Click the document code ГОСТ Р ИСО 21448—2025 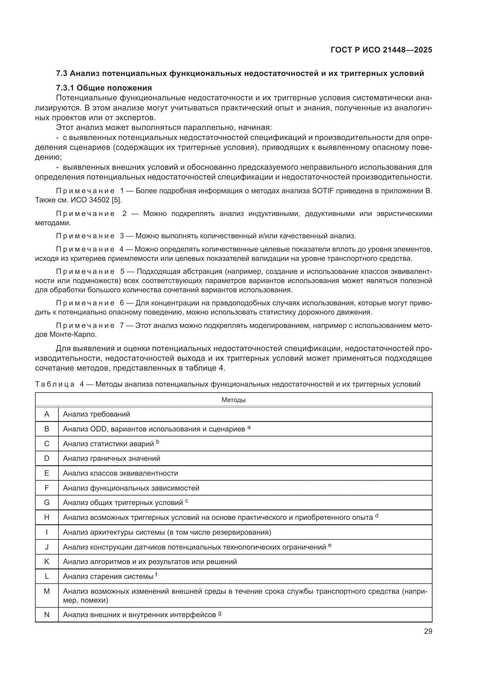pyautogui.click(x=381, y=50)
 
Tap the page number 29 pyautogui.click(x=428, y=631)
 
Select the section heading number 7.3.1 pyautogui.click(x=65, y=88)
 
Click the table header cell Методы pyautogui.click(x=233, y=400)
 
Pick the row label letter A pyautogui.click(x=47, y=414)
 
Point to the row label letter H pyautogui.click(x=47, y=517)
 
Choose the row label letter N pyautogui.click(x=47, y=614)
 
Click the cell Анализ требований pyautogui.click(x=96, y=414)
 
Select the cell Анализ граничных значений pyautogui.click(x=112, y=458)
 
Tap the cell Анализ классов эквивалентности pyautogui.click(x=120, y=473)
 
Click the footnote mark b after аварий pyautogui.click(x=158, y=442)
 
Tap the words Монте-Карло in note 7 pyautogui.click(x=72, y=335)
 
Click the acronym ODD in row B pyautogui.click(x=98, y=429)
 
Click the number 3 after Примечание pyautogui.click(x=122, y=236)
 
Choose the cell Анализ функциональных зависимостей pyautogui.click(x=131, y=488)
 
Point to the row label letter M pyautogui.click(x=47, y=591)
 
